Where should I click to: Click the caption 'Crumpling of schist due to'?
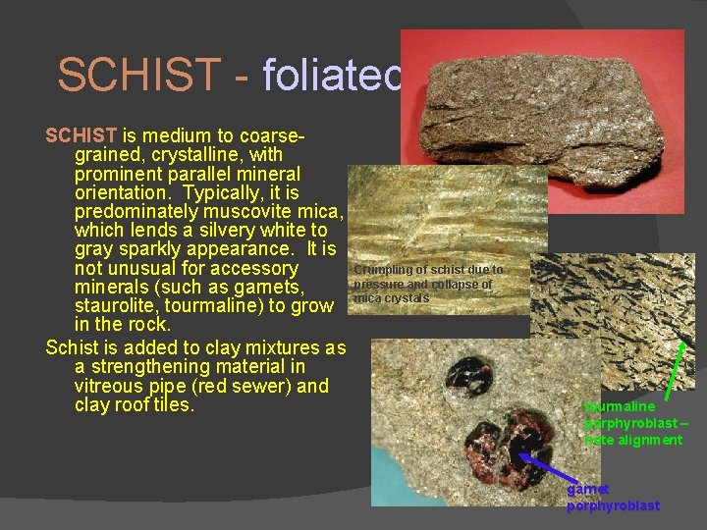(428, 270)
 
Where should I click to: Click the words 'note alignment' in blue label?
(633, 440)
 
